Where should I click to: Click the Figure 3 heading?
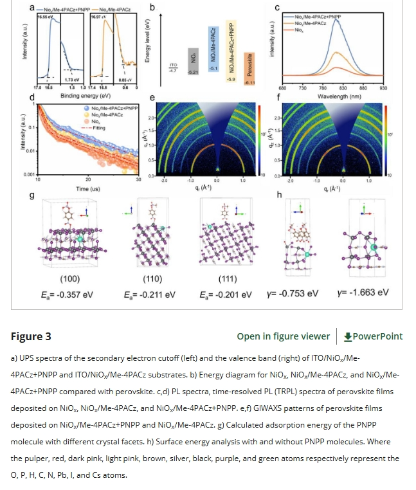(x=31, y=336)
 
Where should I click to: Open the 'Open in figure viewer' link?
(x=283, y=336)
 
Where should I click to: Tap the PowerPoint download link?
(x=373, y=336)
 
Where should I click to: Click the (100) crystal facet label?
(x=69, y=279)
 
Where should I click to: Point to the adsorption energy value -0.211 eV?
(x=149, y=295)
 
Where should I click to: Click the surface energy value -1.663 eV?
(x=363, y=293)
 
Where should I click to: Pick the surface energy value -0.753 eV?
(x=293, y=293)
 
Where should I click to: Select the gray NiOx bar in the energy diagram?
(x=192, y=62)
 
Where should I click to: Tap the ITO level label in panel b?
(x=172, y=66)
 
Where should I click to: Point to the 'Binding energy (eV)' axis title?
(x=82, y=95)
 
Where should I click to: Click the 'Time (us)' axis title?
(x=88, y=189)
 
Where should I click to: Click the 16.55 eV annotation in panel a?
(x=44, y=17)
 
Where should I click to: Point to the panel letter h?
(x=278, y=195)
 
